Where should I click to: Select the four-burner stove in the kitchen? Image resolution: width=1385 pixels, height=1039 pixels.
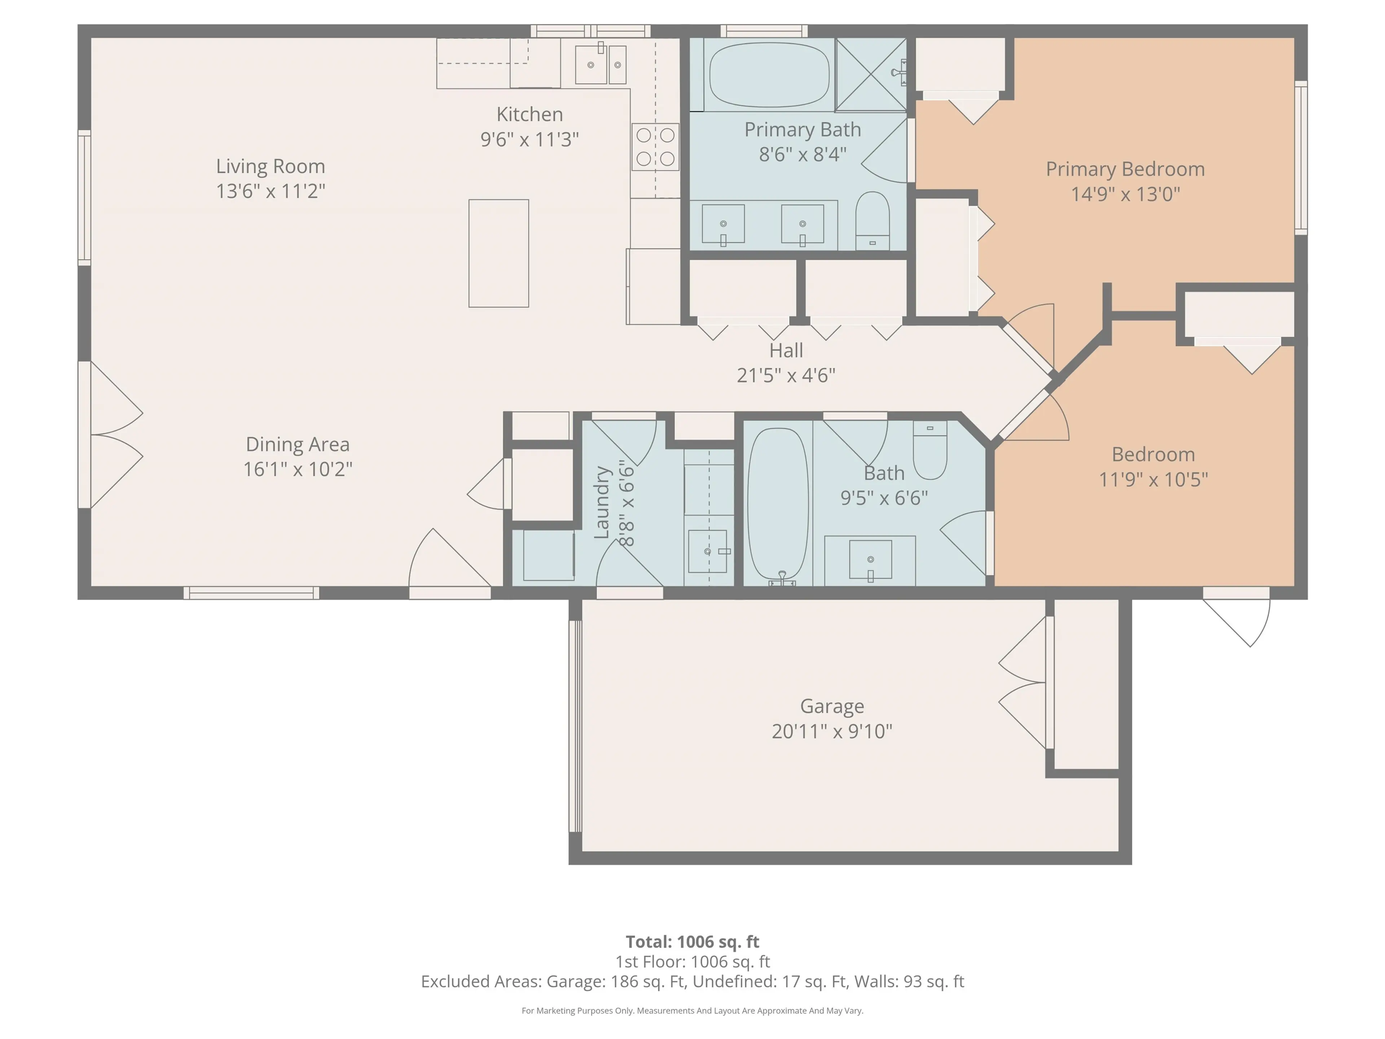pyautogui.click(x=655, y=146)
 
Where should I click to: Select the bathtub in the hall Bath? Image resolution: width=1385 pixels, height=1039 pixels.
pyautogui.click(x=778, y=504)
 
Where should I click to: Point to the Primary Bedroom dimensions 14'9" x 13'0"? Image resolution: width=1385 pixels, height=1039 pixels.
pyautogui.click(x=1125, y=194)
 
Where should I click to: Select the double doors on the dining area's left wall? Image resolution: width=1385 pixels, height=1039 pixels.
pyautogui.click(x=113, y=435)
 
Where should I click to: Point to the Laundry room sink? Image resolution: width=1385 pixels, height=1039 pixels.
pyautogui.click(x=708, y=551)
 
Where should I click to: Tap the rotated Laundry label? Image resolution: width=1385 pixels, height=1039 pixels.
pyautogui.click(x=602, y=502)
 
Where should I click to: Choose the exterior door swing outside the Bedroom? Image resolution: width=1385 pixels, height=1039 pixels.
pyautogui.click(x=1240, y=620)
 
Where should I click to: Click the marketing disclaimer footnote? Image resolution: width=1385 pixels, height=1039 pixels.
pyautogui.click(x=692, y=1010)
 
